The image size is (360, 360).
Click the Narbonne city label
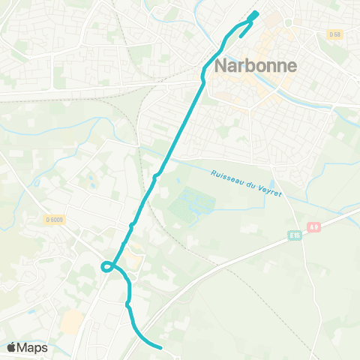[x=256, y=65]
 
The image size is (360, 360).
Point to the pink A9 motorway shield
[x=313, y=226]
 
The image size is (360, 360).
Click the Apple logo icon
[x=12, y=347]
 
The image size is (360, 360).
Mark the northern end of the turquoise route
[x=255, y=13]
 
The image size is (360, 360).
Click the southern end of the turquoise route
[x=160, y=347]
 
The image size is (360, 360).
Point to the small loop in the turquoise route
[x=107, y=265]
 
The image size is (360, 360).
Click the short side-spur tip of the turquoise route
[x=241, y=34]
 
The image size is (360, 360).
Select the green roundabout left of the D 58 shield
[x=288, y=22]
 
